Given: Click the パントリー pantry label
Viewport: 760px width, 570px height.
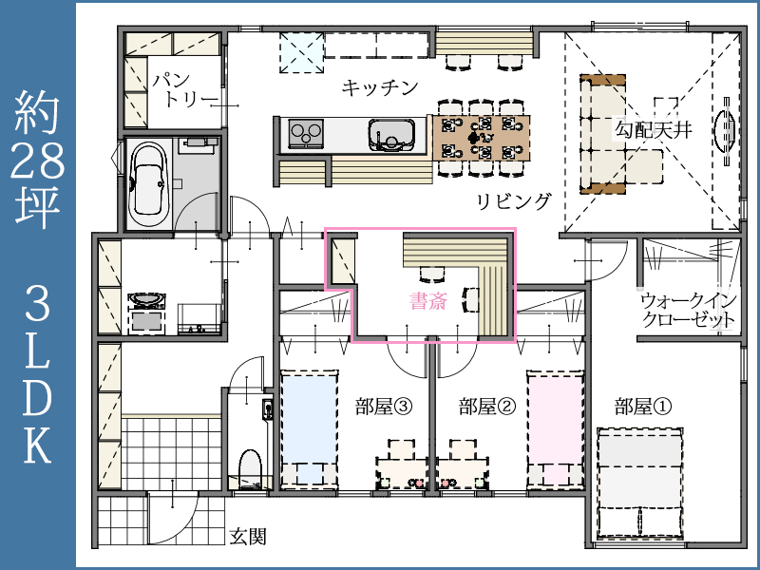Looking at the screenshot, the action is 184,90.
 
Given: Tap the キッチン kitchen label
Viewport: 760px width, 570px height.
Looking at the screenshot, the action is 379,87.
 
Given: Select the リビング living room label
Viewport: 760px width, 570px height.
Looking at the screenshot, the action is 514,201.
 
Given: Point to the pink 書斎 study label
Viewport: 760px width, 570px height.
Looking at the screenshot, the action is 428,301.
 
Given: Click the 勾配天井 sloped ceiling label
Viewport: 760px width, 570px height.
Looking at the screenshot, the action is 653,129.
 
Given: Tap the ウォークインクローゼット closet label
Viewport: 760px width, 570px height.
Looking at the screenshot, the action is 688,311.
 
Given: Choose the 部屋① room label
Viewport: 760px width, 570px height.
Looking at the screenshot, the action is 643,407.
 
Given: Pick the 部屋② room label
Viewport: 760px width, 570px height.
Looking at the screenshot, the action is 487,407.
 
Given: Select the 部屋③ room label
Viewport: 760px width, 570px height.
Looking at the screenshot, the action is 384,407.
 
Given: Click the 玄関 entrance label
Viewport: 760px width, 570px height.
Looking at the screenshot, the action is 248,536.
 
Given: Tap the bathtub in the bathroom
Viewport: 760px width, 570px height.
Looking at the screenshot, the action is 149,183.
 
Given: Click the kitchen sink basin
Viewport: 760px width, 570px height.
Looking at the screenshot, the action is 391,135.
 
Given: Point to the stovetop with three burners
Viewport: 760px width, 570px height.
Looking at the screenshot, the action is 306,133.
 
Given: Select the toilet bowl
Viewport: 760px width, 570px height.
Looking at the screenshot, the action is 251,468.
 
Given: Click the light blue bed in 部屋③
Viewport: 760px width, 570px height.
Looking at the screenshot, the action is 310,428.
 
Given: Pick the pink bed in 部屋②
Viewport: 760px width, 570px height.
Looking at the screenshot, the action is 556,428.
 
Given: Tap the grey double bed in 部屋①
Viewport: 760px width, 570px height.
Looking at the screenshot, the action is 640,484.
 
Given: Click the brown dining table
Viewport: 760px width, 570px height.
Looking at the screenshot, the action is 480,138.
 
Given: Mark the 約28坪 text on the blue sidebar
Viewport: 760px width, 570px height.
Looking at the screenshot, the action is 38,159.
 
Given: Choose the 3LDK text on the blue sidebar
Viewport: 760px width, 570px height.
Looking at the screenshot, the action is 38,374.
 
